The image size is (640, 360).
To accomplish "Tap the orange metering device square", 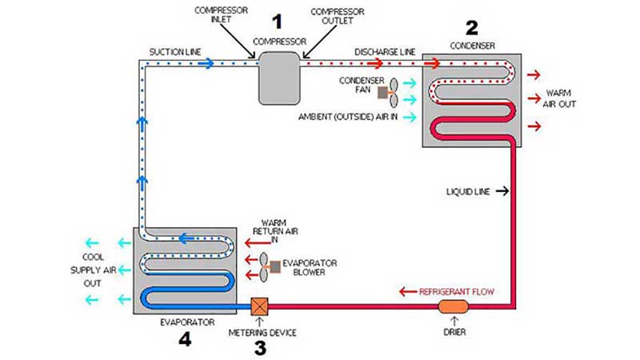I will pyautogui.click(x=259, y=306).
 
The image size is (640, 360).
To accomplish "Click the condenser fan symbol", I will pyautogui.click(x=388, y=92).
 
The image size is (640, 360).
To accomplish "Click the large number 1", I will pyautogui.click(x=278, y=19).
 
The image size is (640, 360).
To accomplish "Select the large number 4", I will pyautogui.click(x=185, y=340).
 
